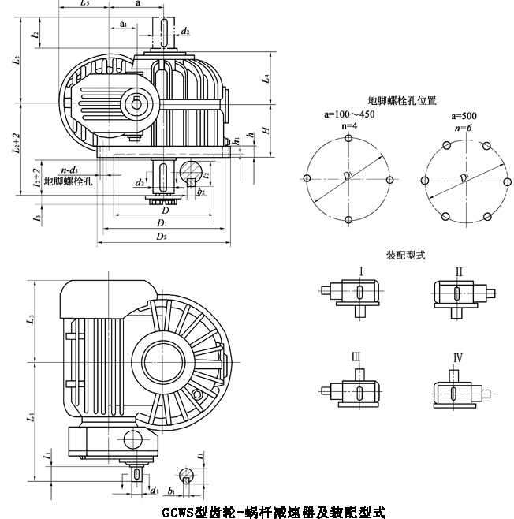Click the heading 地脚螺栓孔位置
coord(402,102)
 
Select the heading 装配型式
coord(405,256)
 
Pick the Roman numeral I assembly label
coord(360,272)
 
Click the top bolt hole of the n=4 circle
coord(348,137)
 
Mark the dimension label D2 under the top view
coord(161,236)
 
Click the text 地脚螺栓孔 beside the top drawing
coord(69,181)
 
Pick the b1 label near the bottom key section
coord(172,491)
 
